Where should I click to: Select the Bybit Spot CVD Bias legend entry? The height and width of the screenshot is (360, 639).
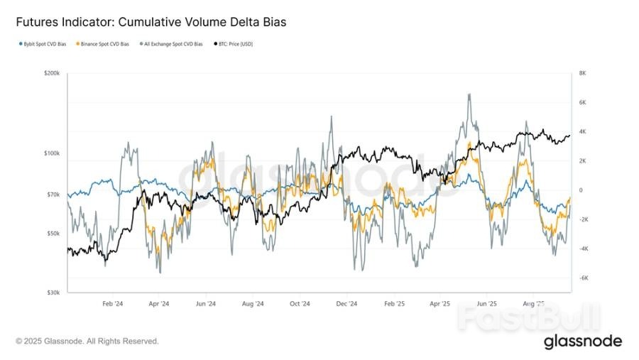pos(43,44)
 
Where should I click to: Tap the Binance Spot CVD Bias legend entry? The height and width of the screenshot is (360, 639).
pos(104,44)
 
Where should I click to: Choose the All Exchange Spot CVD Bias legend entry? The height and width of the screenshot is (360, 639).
pos(173,44)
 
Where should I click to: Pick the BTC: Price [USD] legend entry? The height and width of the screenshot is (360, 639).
pos(234,44)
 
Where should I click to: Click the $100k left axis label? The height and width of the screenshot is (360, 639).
pos(53,153)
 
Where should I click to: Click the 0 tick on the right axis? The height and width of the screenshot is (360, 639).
pos(581,190)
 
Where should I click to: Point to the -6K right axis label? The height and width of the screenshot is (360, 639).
pos(584,278)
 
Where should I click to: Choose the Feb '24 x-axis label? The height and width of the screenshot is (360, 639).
pos(112,304)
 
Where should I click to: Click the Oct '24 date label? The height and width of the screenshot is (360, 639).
pos(300,304)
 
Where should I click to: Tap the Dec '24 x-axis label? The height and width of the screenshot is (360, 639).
pos(346,304)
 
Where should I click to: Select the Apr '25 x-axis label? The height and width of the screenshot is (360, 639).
pos(441,304)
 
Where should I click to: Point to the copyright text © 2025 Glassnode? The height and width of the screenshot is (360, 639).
pos(87,342)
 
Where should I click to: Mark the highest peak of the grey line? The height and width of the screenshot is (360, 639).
pos(468,94)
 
